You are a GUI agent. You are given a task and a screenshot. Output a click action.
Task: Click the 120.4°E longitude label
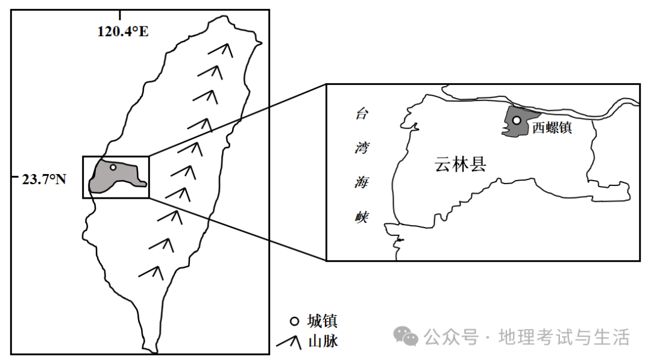point(123,31)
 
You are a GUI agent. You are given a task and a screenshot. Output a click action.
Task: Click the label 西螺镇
point(552,128)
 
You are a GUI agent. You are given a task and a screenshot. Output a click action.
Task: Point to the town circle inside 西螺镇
point(517,120)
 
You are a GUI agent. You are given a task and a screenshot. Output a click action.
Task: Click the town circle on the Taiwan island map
point(113,167)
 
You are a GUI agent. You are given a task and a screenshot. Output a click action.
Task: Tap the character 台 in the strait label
point(360,114)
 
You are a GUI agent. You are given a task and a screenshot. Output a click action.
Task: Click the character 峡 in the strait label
point(360,218)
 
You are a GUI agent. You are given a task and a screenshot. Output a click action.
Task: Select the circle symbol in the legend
point(295,321)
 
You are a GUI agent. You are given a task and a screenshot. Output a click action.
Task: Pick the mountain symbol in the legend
point(289,341)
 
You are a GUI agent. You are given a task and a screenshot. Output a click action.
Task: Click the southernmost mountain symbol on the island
point(152,271)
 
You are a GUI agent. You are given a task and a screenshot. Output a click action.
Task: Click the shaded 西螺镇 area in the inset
point(512,127)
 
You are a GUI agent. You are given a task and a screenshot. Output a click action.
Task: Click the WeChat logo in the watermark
point(406,337)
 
